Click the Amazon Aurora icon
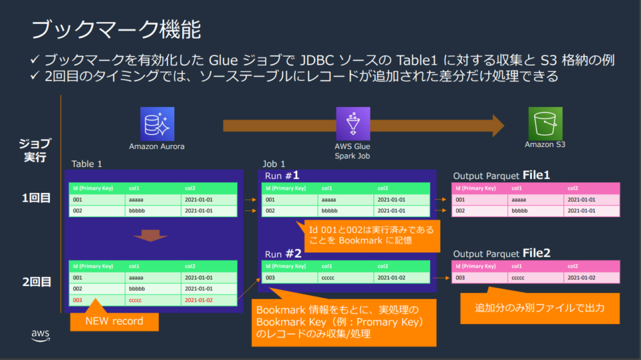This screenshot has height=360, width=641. [x=157, y=124]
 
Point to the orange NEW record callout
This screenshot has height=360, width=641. [x=114, y=321]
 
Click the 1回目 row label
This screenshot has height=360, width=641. [x=36, y=198]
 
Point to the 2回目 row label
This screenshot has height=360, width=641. [x=36, y=282]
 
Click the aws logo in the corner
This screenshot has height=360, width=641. [x=38, y=336]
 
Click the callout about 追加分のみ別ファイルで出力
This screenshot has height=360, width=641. [x=540, y=309]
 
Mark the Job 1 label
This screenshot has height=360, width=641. [x=274, y=164]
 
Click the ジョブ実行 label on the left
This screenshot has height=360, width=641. [x=33, y=150]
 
